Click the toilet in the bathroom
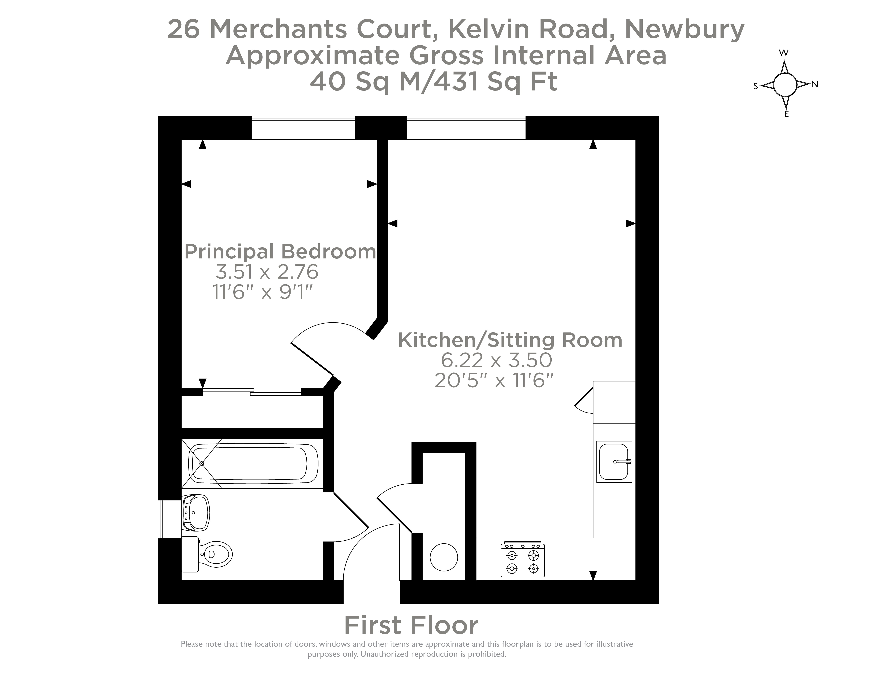click(x=212, y=554)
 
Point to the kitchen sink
click(x=614, y=462)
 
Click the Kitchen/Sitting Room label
click(x=510, y=340)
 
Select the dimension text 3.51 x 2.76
click(x=267, y=272)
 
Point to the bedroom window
click(x=303, y=128)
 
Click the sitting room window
click(x=466, y=128)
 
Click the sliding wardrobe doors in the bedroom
click(x=252, y=392)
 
